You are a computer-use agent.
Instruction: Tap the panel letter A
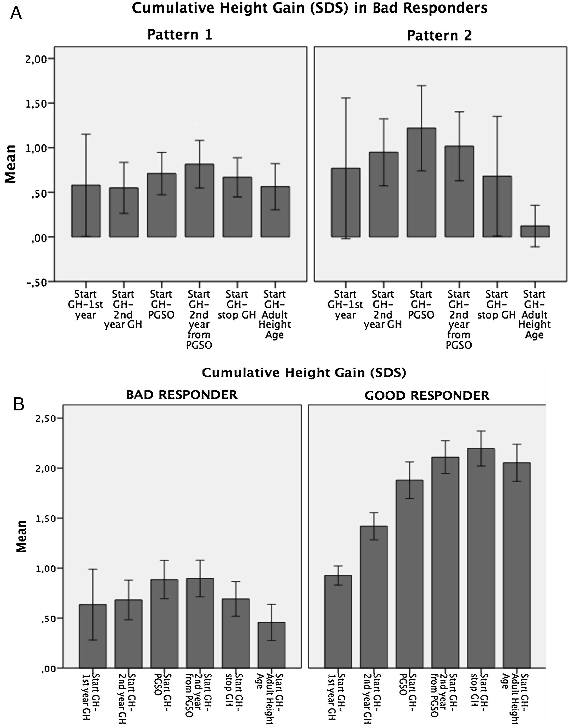click(x=16, y=14)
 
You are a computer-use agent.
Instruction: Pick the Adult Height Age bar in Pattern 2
click(x=535, y=231)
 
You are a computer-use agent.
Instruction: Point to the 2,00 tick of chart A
click(x=40, y=59)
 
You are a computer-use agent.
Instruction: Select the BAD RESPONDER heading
click(x=182, y=395)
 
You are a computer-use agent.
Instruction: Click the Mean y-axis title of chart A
click(x=11, y=164)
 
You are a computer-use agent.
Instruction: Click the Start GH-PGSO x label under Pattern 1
click(x=161, y=305)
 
